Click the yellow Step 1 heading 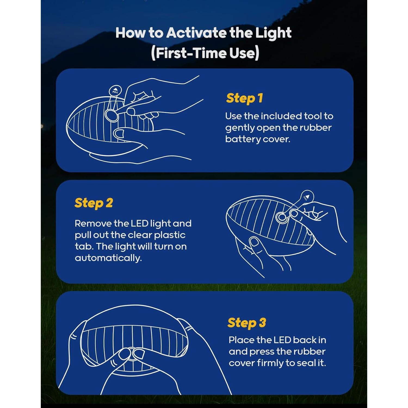[x=244, y=98]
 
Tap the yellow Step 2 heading [x=94, y=203]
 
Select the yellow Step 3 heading [x=247, y=323]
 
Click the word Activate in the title [x=196, y=33]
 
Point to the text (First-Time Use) [x=205, y=53]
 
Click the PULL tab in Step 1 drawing [x=115, y=91]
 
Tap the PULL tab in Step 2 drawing [x=307, y=197]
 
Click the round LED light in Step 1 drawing [x=111, y=115]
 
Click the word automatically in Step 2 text [x=108, y=258]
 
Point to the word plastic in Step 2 [x=170, y=235]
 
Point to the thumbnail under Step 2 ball [x=255, y=242]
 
